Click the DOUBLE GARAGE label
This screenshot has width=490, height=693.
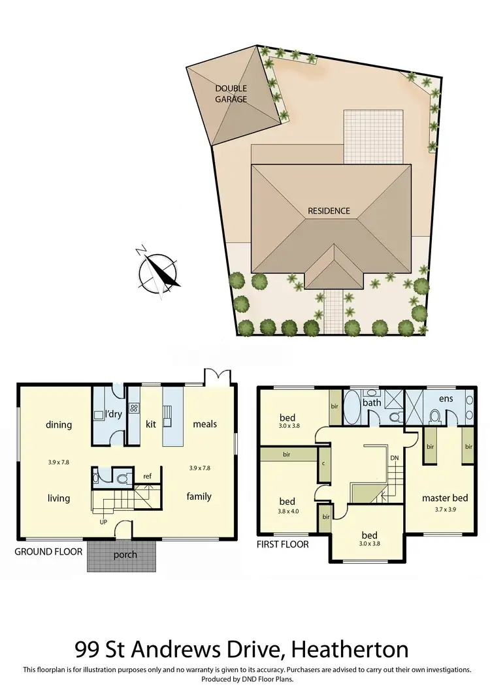[x=231, y=94]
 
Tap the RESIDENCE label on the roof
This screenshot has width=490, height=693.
[x=329, y=211]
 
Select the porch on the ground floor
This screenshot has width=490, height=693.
[x=125, y=555]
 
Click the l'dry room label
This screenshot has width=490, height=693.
[x=114, y=413]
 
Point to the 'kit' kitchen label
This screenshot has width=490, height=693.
[x=151, y=424]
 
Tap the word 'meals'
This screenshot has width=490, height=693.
[x=204, y=424]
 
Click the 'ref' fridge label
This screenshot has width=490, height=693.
[x=147, y=476]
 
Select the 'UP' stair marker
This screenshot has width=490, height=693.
[x=104, y=523]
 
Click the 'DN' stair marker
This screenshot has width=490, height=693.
[x=394, y=458]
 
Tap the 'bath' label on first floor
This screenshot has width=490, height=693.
[x=372, y=402]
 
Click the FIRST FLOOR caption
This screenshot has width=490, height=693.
[x=283, y=543]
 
